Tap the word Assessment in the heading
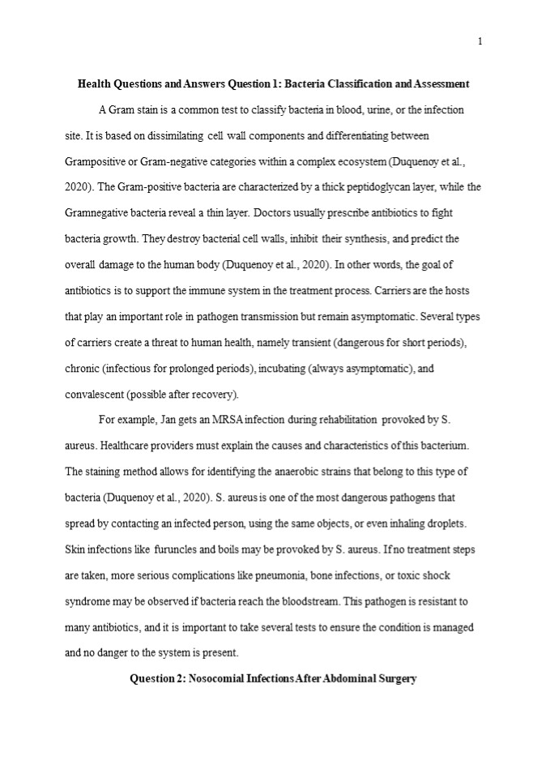tap(441, 83)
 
